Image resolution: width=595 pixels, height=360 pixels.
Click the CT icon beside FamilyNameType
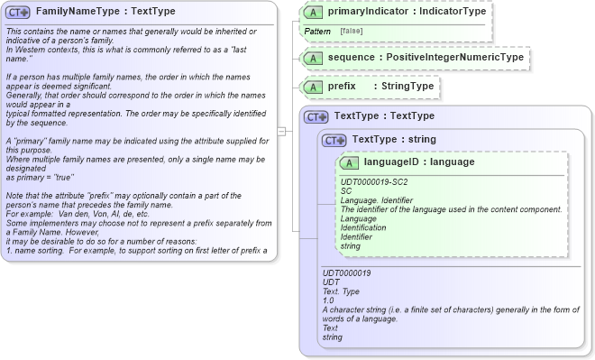[x=18, y=12]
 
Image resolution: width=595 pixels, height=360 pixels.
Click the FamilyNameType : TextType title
[x=93, y=12]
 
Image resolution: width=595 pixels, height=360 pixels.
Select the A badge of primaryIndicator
[x=313, y=12]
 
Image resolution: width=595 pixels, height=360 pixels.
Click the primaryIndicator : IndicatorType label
[x=407, y=12]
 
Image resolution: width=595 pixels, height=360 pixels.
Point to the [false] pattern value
[x=352, y=32]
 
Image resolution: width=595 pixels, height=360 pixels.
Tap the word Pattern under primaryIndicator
[x=317, y=32]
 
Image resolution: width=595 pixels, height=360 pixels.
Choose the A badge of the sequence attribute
[x=313, y=58]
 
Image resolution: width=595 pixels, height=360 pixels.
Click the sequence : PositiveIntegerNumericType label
[x=426, y=58]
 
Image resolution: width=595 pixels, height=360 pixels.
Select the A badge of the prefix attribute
[x=313, y=87]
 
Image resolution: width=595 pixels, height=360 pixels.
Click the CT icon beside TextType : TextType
[x=316, y=116]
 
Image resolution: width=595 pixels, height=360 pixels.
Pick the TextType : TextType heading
[x=384, y=116]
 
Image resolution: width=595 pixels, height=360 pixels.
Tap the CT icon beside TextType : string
[x=334, y=140]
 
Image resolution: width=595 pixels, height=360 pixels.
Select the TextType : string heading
[x=394, y=140]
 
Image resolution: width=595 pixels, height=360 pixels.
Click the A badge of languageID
[x=349, y=162]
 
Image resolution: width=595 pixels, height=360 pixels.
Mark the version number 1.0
[x=328, y=300]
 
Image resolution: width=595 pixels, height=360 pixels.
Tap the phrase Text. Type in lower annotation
[x=340, y=291]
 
